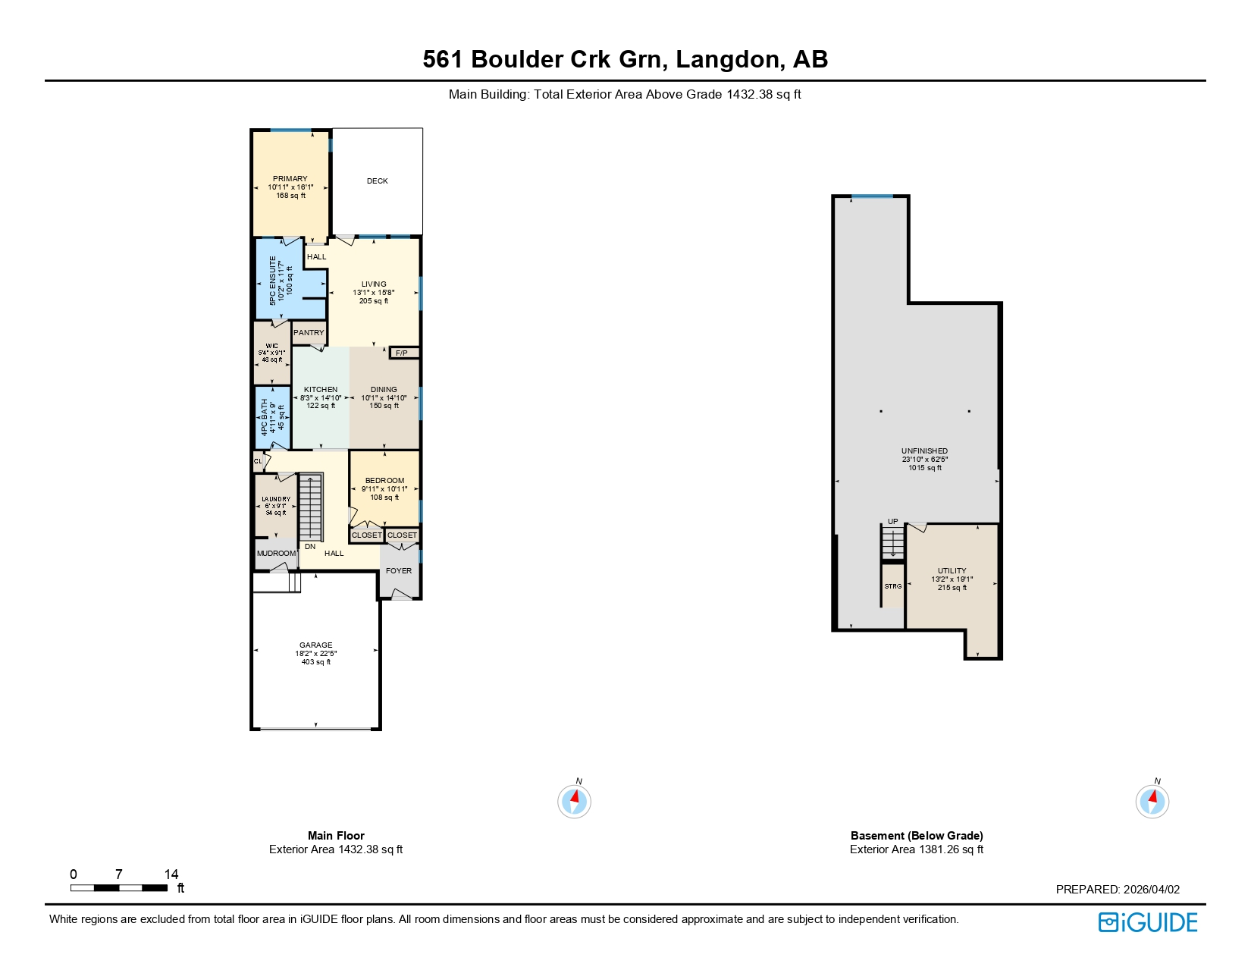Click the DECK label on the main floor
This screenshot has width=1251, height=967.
click(377, 181)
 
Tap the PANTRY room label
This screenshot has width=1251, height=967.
click(309, 333)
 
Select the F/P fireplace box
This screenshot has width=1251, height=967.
click(403, 353)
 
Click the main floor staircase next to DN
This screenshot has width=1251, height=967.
click(311, 507)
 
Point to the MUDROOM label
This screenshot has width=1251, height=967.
click(276, 554)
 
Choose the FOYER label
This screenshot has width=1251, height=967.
click(399, 571)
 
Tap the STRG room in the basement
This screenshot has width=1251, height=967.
click(893, 586)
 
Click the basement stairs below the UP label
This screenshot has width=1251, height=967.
click(893, 543)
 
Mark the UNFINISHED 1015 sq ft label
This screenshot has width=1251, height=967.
click(924, 460)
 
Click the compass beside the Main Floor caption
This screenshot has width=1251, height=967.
click(574, 801)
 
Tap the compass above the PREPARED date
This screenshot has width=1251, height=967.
click(1152, 801)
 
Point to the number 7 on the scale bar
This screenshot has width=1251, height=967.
click(118, 874)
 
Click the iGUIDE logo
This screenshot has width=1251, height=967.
click(1148, 922)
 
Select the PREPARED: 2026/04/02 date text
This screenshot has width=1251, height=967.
click(1118, 890)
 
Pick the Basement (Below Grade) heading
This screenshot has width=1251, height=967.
click(916, 836)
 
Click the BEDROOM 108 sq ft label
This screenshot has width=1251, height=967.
click(384, 489)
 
